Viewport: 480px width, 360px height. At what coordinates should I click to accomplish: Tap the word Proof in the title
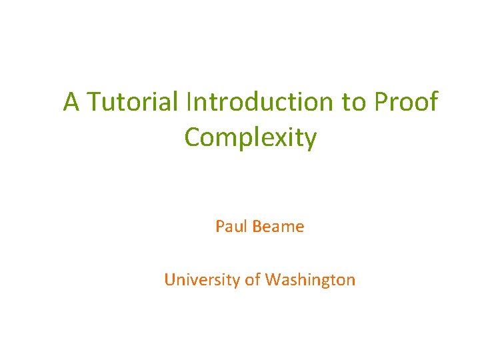tap(406, 102)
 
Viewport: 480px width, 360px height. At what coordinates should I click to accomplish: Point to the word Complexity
tap(251, 137)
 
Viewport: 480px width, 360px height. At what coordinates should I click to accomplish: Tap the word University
tap(201, 280)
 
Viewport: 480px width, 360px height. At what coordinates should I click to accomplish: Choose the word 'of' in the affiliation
tap(253, 280)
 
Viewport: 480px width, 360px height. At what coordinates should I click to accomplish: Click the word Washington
tap(310, 280)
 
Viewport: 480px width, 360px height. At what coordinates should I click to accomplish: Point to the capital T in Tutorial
tap(94, 102)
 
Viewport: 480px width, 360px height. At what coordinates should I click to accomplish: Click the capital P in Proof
tap(381, 102)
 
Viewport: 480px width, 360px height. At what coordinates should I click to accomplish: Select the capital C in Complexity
tap(193, 137)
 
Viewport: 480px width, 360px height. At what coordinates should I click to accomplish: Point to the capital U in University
tap(169, 280)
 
